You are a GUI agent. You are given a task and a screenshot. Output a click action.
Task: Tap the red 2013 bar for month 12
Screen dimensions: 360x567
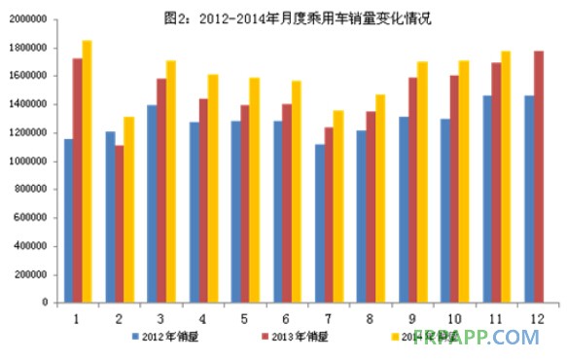(x=539, y=176)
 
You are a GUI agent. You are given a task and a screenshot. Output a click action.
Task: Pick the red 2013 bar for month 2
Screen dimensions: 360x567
(x=120, y=224)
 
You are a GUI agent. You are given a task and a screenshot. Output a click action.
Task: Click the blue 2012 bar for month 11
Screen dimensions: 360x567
(x=487, y=198)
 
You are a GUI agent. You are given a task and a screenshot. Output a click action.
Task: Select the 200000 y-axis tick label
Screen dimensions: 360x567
(x=29, y=274)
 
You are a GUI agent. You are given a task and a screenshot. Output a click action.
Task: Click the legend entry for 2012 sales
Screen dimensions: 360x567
(x=170, y=337)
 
